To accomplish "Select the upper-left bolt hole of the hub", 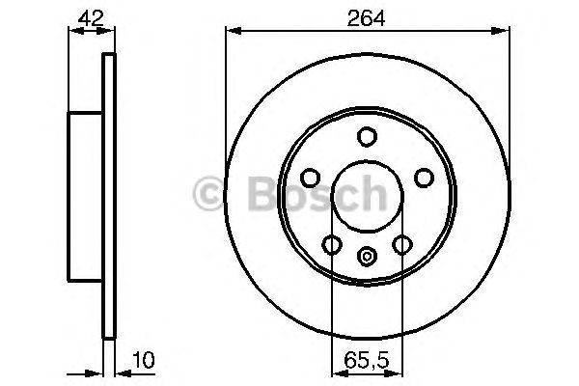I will click(x=311, y=178).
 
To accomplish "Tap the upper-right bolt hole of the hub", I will click(x=423, y=178).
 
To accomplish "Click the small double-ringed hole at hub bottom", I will click(x=367, y=256).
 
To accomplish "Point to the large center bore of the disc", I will click(x=367, y=198).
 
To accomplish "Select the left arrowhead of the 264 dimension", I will click(x=231, y=32).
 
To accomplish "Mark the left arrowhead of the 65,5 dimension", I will click(x=336, y=371).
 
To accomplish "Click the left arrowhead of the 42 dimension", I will click(x=71, y=32).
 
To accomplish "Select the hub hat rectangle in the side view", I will click(x=85, y=193).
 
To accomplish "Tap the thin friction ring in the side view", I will click(x=108, y=193).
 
